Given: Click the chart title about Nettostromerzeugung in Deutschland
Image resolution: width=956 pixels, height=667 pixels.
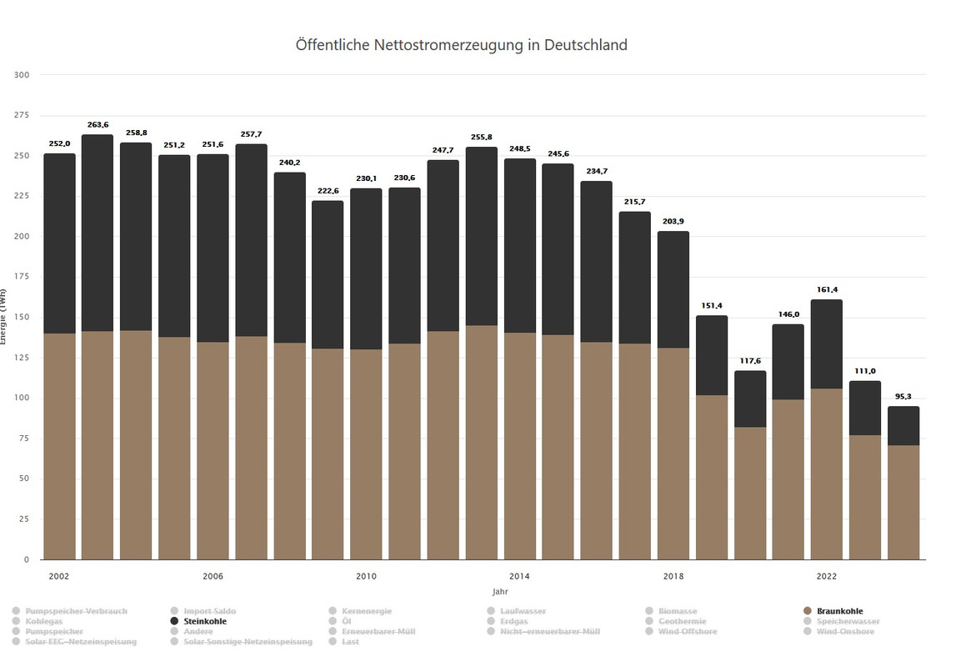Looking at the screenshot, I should [x=461, y=45].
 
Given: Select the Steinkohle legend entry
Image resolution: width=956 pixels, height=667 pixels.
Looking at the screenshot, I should [x=204, y=621].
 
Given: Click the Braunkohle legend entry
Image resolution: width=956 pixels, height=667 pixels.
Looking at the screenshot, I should [x=839, y=611].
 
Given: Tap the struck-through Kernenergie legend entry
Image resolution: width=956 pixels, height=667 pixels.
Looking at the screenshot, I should [x=366, y=611].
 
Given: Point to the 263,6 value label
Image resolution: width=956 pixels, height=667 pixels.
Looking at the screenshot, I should [x=98, y=125].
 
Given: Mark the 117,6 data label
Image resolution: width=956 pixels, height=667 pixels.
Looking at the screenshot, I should [x=750, y=361].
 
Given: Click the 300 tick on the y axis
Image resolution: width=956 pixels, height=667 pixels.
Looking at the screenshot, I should [x=23, y=75].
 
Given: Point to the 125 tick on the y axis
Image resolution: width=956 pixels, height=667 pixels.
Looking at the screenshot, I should [x=23, y=358].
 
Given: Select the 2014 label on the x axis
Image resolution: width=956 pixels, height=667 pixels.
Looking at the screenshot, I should [x=519, y=576].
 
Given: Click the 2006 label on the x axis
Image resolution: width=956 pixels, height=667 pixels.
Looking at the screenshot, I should [x=213, y=576].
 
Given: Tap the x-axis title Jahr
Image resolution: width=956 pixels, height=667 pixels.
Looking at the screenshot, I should [x=499, y=591].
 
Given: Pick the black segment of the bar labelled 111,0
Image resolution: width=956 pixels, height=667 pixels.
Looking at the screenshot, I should [x=865, y=408].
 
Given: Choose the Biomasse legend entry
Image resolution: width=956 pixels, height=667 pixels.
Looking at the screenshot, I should [x=677, y=611].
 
